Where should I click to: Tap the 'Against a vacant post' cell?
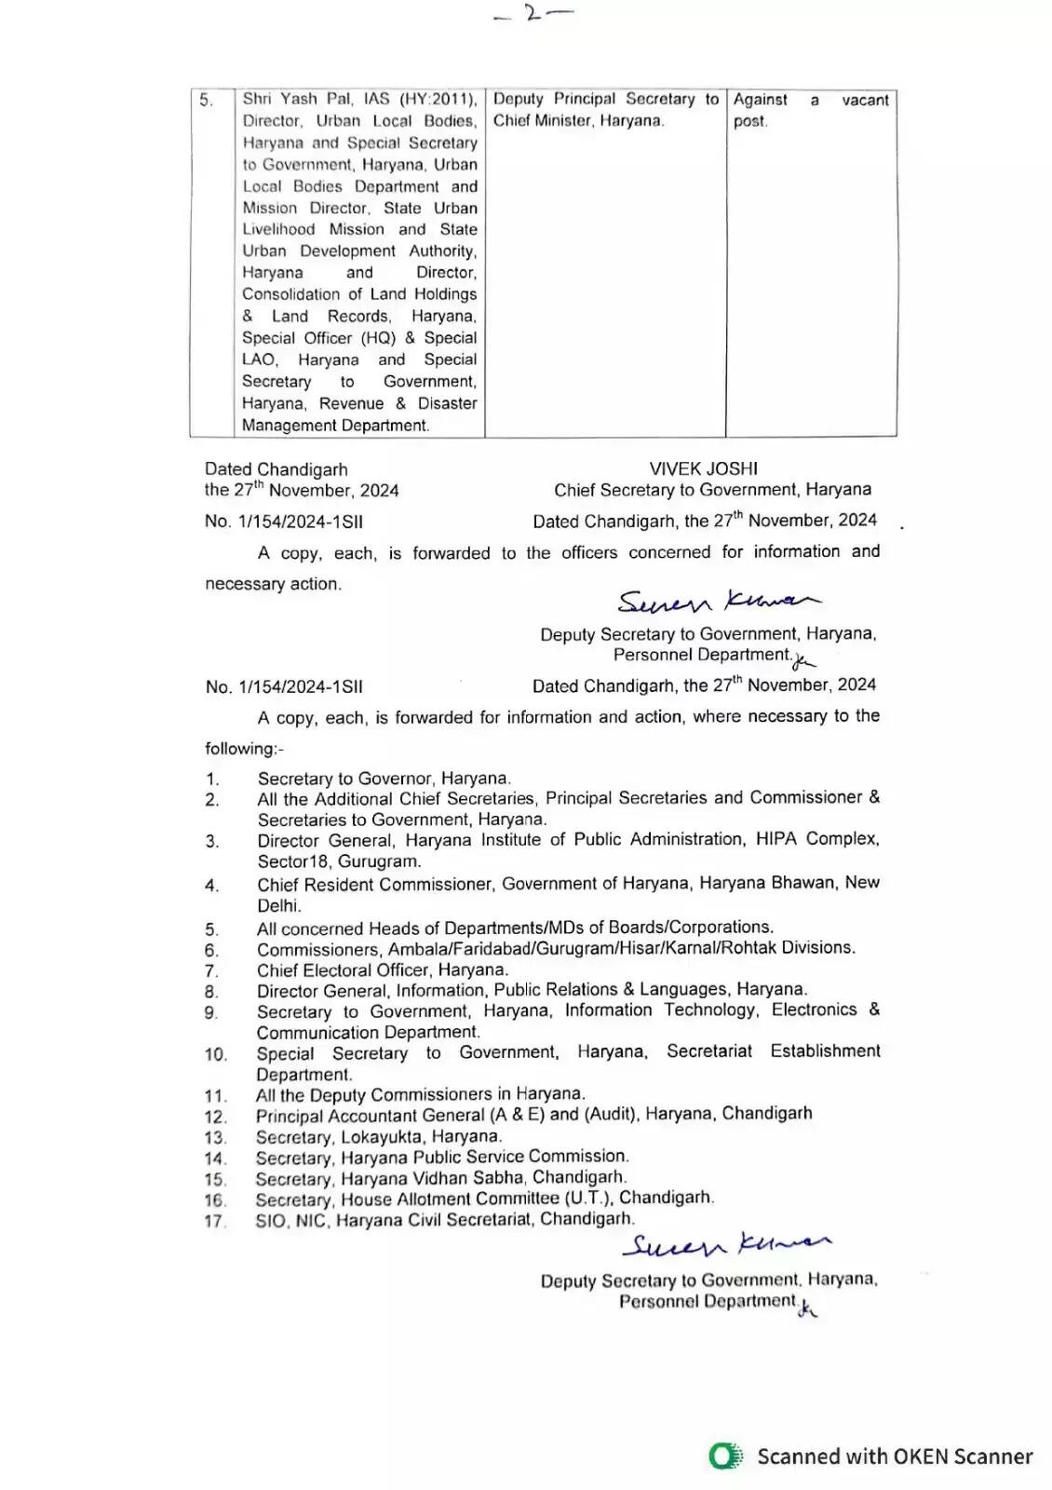click(x=810, y=110)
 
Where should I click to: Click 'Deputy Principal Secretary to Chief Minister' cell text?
click(x=605, y=109)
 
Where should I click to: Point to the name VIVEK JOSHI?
click(x=703, y=468)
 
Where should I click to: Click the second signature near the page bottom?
click(x=726, y=1244)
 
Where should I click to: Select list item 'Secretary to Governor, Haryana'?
click(x=384, y=779)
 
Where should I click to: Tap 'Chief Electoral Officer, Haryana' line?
click(x=383, y=969)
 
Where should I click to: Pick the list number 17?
click(x=215, y=1221)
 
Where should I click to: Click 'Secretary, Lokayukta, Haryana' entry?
click(x=379, y=1136)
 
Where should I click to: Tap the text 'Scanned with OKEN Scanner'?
click(x=895, y=1456)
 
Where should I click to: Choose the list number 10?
click(x=216, y=1055)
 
